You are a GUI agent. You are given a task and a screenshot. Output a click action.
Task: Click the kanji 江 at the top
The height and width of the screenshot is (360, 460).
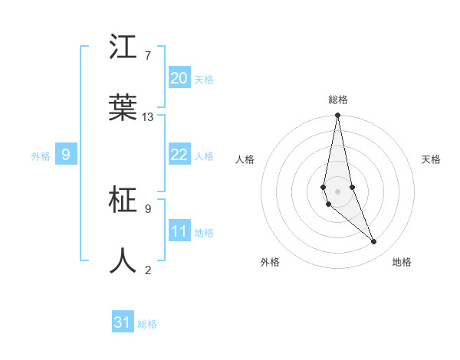(123, 47)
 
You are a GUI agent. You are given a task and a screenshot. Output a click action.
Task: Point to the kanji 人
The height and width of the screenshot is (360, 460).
(123, 260)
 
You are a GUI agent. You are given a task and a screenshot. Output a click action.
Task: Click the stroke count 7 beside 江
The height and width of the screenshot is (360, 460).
(147, 56)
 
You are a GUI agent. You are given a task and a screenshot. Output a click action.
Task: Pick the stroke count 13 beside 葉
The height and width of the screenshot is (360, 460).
(148, 116)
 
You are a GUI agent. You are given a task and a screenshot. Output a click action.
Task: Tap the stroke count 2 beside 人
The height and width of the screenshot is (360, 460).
(147, 269)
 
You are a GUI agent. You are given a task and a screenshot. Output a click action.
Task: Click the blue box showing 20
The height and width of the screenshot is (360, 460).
(179, 78)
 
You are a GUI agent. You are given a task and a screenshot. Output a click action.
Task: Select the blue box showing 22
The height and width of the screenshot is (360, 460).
(179, 155)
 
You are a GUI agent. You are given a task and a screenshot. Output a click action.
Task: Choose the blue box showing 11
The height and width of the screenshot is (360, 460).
(179, 231)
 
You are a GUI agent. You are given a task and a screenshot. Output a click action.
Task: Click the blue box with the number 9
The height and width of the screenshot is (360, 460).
(66, 155)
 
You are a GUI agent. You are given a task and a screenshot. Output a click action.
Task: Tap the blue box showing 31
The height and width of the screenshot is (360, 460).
(123, 322)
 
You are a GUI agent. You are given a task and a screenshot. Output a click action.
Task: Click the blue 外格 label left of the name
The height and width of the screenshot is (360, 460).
(41, 156)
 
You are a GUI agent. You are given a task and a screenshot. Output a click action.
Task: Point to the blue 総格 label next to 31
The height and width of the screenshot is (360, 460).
(147, 324)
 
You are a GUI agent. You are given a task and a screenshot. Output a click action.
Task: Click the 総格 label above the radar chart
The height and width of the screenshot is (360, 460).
(337, 100)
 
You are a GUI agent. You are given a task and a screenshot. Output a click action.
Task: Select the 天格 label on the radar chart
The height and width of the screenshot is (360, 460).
(431, 159)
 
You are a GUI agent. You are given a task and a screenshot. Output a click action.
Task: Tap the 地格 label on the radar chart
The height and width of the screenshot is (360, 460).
(402, 262)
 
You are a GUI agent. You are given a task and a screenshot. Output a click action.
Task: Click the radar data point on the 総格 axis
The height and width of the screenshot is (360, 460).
(337, 116)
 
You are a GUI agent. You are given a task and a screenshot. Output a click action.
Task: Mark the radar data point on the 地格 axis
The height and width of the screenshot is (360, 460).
(374, 242)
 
